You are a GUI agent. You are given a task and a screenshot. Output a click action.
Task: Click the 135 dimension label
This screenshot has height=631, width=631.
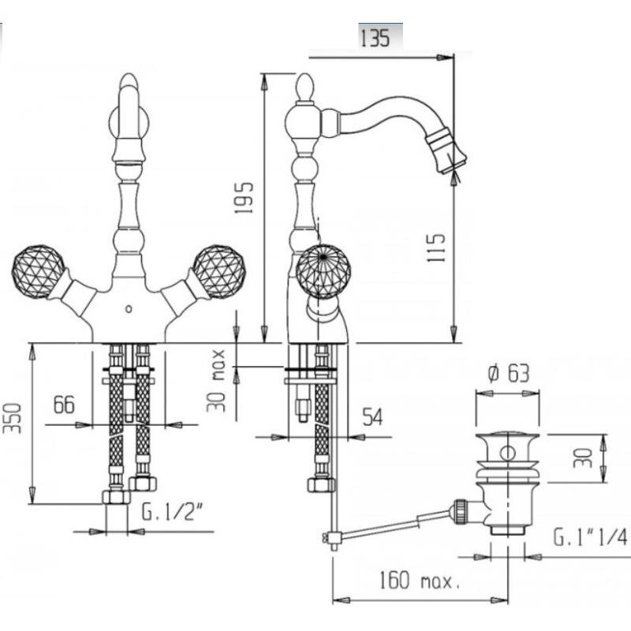[x=375, y=38]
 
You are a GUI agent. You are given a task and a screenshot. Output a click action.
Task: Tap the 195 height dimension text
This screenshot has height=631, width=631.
[x=245, y=198]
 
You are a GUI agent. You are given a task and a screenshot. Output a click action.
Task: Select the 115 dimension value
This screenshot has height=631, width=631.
[x=436, y=248]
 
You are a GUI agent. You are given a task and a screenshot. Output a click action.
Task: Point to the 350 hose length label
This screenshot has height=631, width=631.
[x=12, y=418]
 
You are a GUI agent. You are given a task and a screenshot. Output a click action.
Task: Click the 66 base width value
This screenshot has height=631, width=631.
[x=64, y=404]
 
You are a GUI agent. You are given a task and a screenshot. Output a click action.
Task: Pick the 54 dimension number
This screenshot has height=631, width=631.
[x=372, y=416]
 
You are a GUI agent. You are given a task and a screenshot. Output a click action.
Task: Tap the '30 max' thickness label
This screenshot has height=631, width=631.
[x=216, y=381]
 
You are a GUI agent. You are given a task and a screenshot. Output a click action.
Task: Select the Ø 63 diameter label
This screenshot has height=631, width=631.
[x=509, y=373]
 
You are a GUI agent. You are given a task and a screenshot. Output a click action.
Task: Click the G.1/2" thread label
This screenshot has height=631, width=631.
[x=172, y=512]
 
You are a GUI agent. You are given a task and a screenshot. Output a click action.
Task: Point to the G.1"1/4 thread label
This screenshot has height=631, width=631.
[x=589, y=537]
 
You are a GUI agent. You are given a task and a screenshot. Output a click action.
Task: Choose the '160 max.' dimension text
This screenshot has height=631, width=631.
[x=420, y=581]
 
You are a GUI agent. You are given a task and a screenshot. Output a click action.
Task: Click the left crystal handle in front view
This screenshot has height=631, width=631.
[x=38, y=271]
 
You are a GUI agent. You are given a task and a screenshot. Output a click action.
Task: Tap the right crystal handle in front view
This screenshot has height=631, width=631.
[x=219, y=271]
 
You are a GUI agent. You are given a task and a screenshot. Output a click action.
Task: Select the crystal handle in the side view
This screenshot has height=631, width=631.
[x=323, y=271]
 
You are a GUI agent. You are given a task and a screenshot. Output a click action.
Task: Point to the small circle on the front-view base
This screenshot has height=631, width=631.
[x=129, y=309]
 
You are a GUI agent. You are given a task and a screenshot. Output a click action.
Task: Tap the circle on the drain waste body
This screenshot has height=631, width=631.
[x=508, y=453]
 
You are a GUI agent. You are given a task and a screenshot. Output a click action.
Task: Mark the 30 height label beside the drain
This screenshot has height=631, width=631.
[x=583, y=458]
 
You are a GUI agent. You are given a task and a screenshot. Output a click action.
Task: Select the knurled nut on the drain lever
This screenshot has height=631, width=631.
[x=460, y=510]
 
